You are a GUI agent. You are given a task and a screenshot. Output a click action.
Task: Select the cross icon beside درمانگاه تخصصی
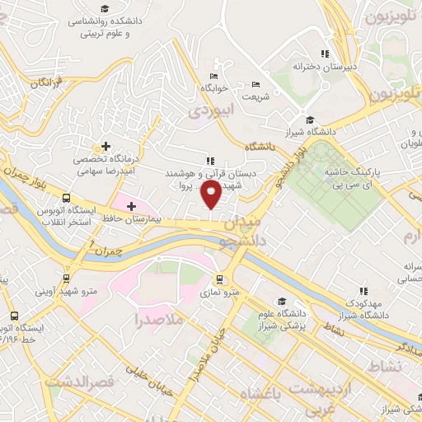pos(105,146)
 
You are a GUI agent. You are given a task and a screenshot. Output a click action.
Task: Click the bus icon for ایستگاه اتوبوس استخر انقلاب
pos(66,198)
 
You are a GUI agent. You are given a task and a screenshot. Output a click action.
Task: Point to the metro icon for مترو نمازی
pos(219,279)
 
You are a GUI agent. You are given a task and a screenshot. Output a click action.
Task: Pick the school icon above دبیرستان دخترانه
pos(302,53)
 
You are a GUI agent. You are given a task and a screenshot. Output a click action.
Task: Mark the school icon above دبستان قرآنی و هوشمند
pos(209,160)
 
